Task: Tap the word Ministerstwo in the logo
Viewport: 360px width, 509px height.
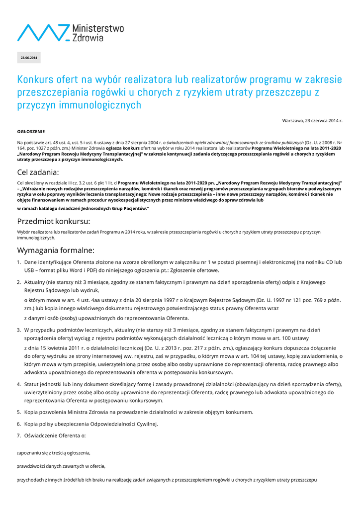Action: (x=98, y=28)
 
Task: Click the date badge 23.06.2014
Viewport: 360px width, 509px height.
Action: (x=29, y=58)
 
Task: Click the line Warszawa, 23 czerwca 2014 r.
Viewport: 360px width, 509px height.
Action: (x=312, y=121)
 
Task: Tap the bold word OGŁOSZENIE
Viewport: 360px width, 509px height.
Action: (x=31, y=132)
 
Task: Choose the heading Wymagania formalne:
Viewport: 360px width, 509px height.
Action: (x=55, y=250)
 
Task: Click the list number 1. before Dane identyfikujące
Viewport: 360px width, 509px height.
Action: (x=19, y=261)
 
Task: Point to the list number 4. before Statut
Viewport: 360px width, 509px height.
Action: (x=19, y=384)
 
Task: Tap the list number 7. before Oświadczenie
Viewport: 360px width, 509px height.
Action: (x=19, y=436)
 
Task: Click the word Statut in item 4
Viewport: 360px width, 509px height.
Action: (x=32, y=384)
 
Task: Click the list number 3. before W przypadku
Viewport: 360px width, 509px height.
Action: (x=19, y=330)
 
